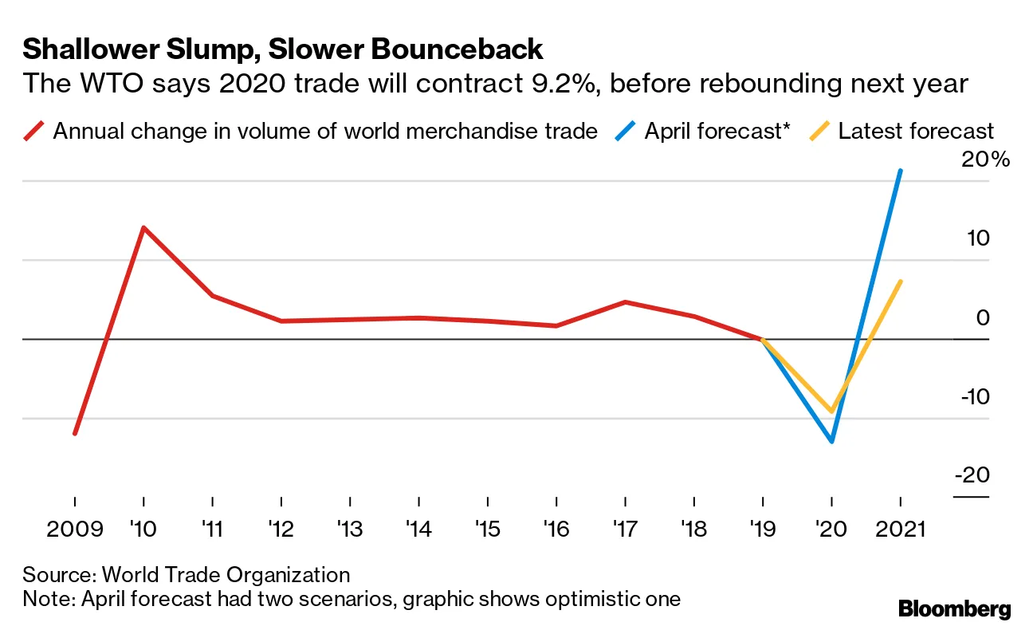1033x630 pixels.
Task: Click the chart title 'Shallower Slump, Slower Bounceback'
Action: click(282, 49)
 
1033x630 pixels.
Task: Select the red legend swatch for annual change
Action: click(34, 131)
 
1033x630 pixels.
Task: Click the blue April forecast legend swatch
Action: click(626, 131)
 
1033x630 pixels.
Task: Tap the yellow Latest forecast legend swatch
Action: click(819, 131)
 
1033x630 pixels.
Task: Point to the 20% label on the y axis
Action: click(985, 159)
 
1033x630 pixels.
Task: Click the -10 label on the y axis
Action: click(972, 396)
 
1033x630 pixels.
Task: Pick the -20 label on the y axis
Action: click(972, 475)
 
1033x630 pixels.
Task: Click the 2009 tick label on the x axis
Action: click(75, 530)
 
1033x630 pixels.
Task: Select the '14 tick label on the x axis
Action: click(418, 530)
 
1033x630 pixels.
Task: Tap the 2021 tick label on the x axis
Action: click(900, 530)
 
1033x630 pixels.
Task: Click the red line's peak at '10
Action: click(143, 228)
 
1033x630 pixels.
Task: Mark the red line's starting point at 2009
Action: click(75, 433)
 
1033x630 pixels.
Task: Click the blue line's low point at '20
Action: click(831, 441)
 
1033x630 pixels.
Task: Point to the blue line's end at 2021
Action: click(900, 171)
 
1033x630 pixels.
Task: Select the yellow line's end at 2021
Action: click(900, 282)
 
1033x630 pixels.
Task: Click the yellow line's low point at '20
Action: click(831, 411)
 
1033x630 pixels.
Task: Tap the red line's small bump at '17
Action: click(625, 302)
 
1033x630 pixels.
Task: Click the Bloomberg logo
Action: click(954, 610)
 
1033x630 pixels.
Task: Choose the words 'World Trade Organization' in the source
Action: click(226, 575)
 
